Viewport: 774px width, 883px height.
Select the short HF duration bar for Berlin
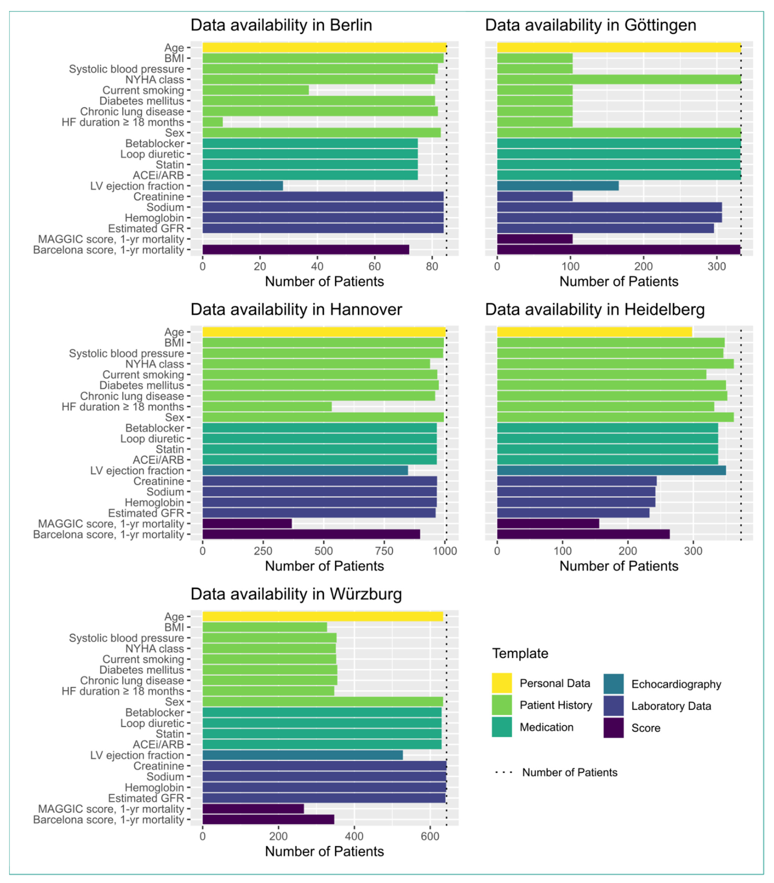point(213,122)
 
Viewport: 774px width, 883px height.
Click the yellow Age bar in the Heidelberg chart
point(594,332)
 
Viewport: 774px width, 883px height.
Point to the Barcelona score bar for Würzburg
point(268,820)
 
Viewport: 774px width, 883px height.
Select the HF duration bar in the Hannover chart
point(267,407)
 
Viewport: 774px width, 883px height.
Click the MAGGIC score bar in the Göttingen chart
point(535,239)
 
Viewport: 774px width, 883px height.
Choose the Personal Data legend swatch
point(501,683)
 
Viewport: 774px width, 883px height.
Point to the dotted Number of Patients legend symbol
point(504,772)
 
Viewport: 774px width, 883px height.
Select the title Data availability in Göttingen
point(591,25)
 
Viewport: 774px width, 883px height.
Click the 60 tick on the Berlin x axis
point(375,267)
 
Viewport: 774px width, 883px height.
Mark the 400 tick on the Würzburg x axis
point(354,836)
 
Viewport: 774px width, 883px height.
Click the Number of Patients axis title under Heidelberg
point(618,566)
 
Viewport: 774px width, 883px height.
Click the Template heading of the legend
point(520,653)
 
